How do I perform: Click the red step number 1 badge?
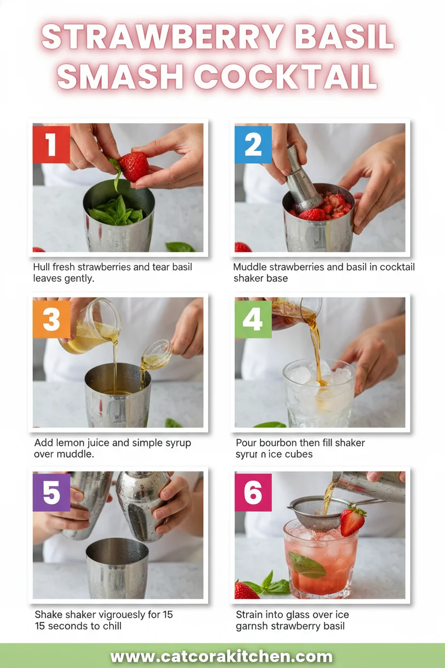51,144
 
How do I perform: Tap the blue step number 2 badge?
253,144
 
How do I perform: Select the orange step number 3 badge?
51,319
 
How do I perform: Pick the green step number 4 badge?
253,319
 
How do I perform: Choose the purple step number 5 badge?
51,492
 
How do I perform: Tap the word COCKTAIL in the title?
286,76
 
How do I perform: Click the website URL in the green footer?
221,657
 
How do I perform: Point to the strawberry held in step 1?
133,166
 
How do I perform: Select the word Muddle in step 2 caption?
250,267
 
